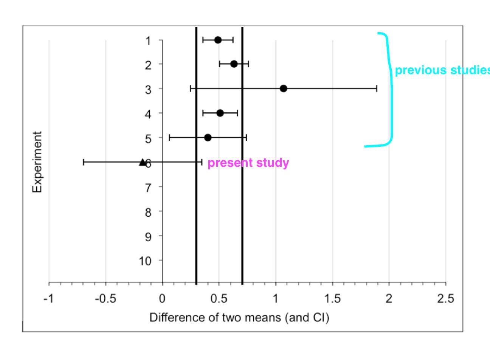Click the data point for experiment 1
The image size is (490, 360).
tap(218, 40)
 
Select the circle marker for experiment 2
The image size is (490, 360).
tap(234, 64)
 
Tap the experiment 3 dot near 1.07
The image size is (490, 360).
tap(284, 88)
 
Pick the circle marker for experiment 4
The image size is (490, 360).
tap(220, 113)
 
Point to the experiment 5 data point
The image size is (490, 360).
tap(208, 138)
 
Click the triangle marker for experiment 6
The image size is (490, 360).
tap(142, 162)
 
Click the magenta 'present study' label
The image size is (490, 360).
tap(248, 163)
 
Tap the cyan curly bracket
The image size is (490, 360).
tap(390, 89)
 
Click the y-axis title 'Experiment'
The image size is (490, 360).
tap(37, 162)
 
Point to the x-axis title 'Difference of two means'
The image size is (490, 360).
tap(239, 317)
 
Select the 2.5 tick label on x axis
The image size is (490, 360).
tap(445, 299)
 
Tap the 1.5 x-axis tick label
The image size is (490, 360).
tap(332, 299)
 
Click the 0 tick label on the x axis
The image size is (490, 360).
tap(162, 299)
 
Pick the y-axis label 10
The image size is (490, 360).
tap(146, 261)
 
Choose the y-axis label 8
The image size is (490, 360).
tap(148, 212)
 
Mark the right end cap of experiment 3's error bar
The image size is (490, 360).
tap(377, 88)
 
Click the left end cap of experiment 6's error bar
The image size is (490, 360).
tap(84, 162)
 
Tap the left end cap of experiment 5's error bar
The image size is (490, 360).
tap(169, 138)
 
